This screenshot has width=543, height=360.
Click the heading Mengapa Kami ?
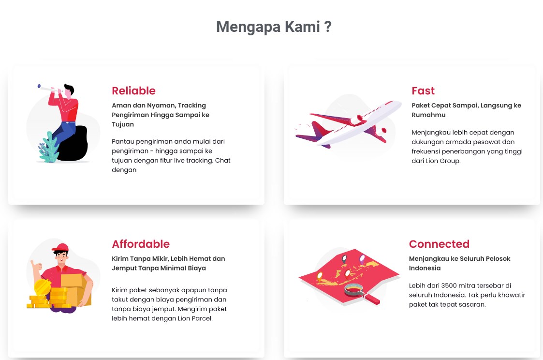click(x=274, y=27)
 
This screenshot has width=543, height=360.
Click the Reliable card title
click(x=133, y=91)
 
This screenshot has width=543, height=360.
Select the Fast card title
click(x=423, y=91)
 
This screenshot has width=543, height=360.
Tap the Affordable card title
click(x=141, y=244)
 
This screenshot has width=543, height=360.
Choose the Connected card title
click(x=439, y=244)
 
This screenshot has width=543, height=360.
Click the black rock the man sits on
click(x=75, y=145)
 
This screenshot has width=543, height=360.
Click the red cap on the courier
click(x=61, y=248)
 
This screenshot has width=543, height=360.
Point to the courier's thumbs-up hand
click(x=35, y=266)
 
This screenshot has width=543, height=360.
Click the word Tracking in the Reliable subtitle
click(x=192, y=105)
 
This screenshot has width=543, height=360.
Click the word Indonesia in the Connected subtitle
click(x=425, y=268)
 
